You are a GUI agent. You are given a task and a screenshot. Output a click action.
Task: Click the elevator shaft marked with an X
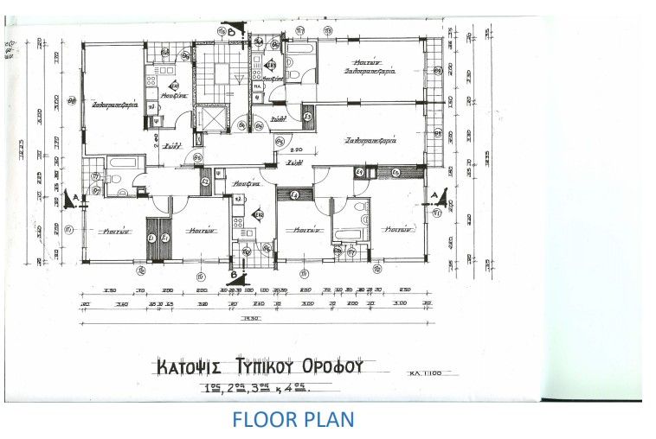click(x=209, y=117)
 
